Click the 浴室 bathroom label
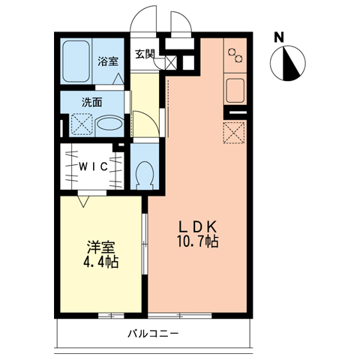[108, 61]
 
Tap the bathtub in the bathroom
[76, 61]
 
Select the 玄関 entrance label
[145, 54]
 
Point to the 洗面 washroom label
[92, 102]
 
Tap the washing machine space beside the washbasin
[82, 125]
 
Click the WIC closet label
[93, 166]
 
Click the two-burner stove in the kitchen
[235, 55]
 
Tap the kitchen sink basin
[235, 90]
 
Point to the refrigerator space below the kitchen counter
[234, 133]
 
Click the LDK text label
[197, 227]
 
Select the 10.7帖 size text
[198, 241]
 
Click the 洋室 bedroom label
[100, 247]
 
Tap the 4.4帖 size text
[100, 262]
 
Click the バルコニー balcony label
[153, 334]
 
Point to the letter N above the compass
[279, 37]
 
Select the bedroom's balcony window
[111, 316]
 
